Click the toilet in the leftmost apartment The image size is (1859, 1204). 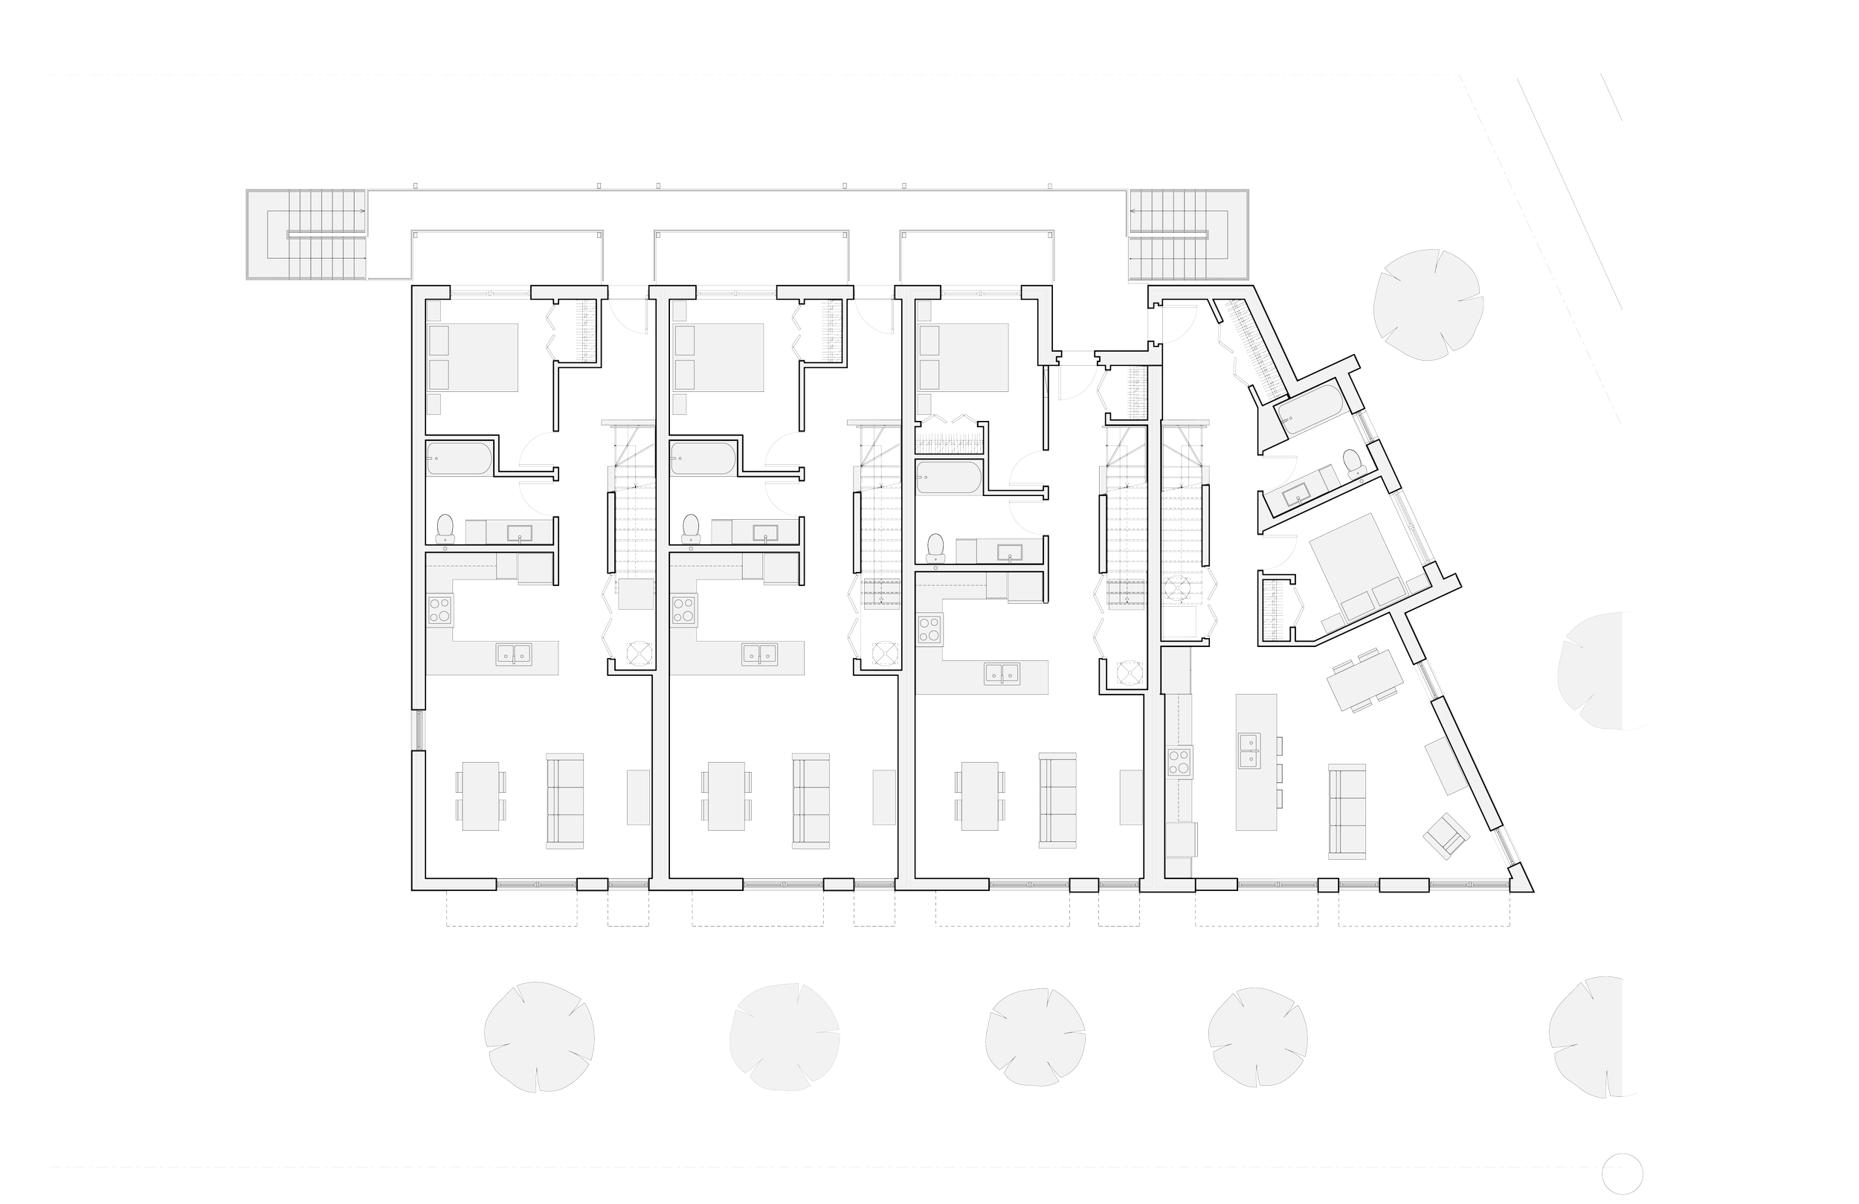pos(445,528)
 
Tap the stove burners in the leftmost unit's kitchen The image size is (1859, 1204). pos(439,609)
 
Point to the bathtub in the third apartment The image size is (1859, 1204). pos(947,477)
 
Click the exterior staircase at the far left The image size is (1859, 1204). pos(306,234)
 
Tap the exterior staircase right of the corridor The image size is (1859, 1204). pos(1188,234)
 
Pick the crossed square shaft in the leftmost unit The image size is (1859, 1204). pos(639,651)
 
